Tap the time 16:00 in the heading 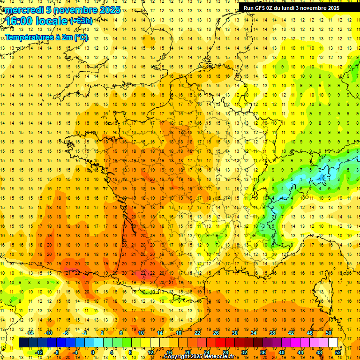(19, 21)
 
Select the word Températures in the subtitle (28, 37)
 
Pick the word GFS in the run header (261, 8)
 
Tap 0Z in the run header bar (271, 8)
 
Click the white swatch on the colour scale (333, 343)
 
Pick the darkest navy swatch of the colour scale (23, 343)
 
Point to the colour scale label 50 (329, 333)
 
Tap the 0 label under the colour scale (92, 352)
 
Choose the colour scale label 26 (216, 333)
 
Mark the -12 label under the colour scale (39, 352)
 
